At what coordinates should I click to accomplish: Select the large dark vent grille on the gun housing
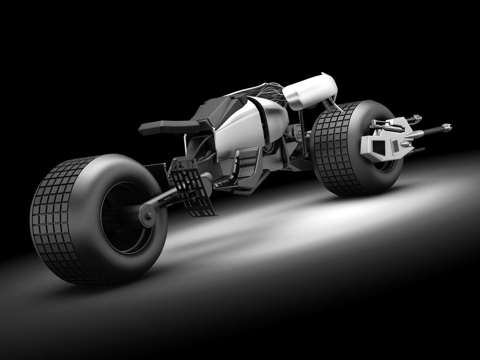pyautogui.click(x=378, y=148)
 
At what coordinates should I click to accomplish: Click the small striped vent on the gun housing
pyautogui.click(x=396, y=146)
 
